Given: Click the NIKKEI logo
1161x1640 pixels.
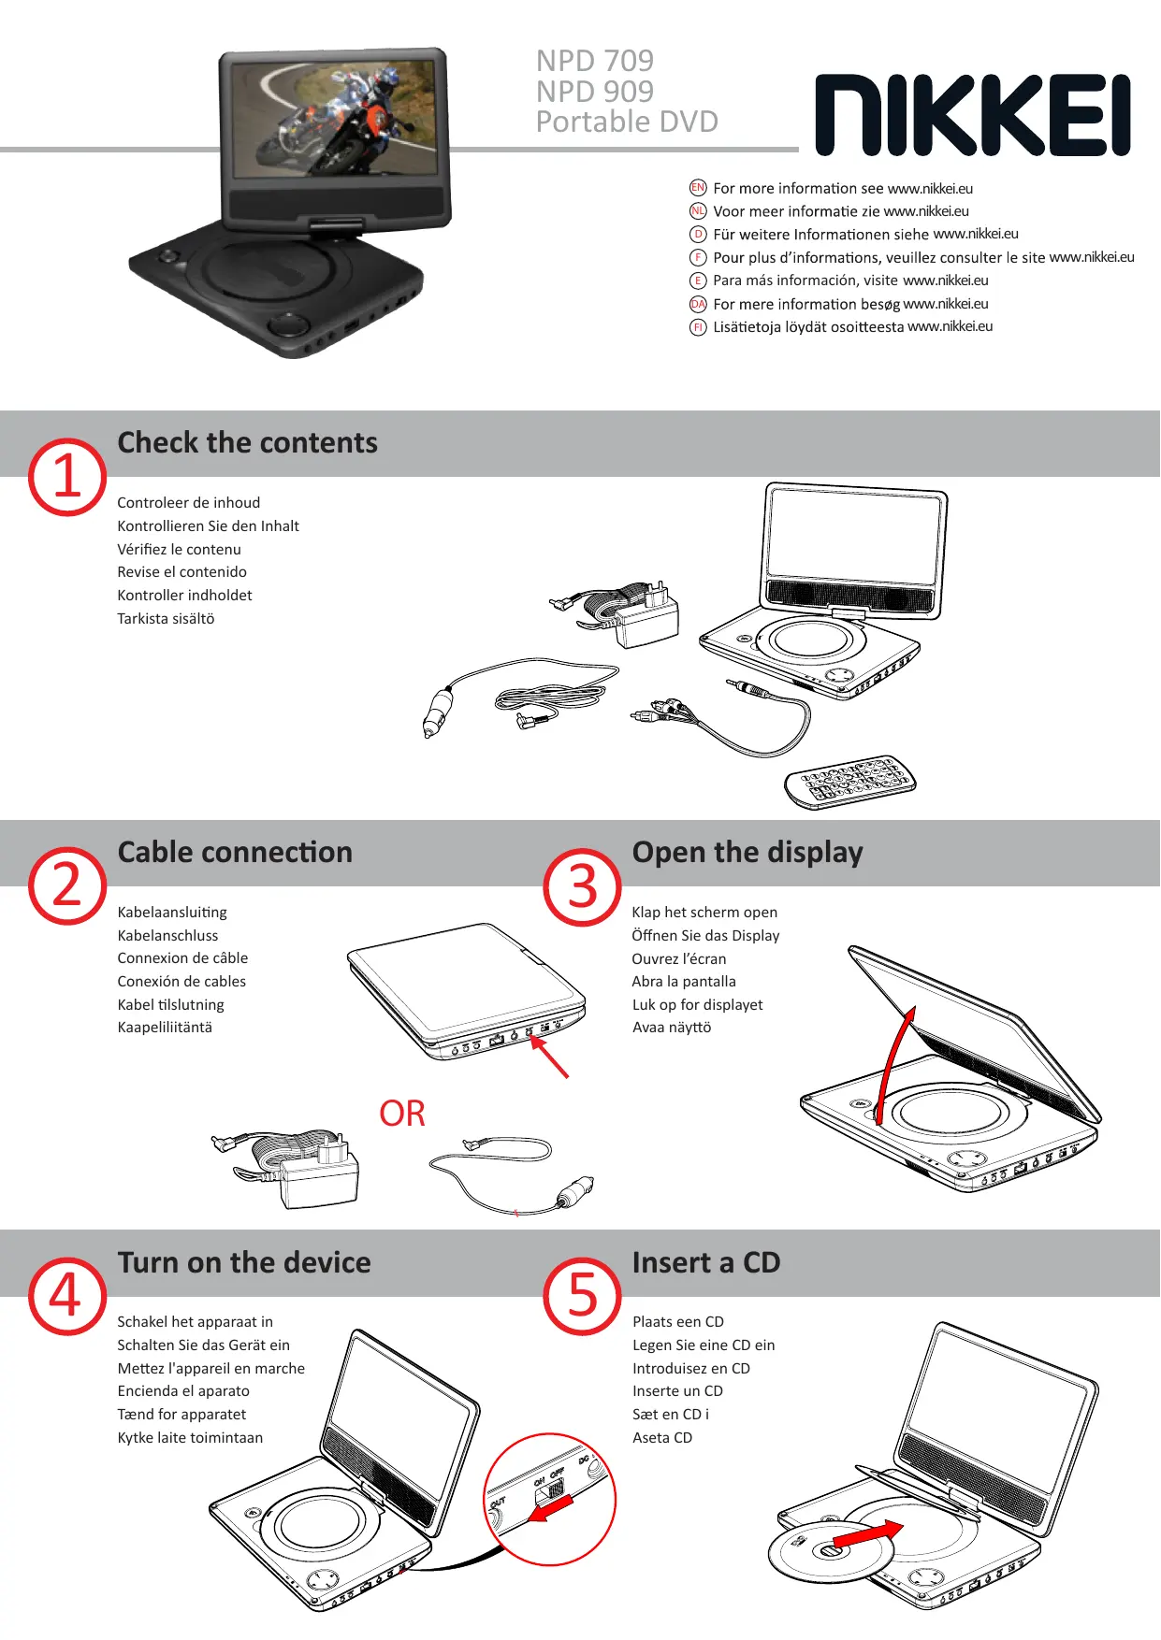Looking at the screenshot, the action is pos(972,115).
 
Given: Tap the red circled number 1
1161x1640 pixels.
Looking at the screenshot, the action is pos(66,476).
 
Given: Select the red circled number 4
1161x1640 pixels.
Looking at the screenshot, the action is pos(66,1296).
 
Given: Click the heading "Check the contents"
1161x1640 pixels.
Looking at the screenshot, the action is pos(247,442).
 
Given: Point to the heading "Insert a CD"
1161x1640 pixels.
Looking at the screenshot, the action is pos(706,1262).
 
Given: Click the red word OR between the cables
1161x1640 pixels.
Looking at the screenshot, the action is pos(402,1114).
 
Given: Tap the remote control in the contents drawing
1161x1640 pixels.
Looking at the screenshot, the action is pos(849,782).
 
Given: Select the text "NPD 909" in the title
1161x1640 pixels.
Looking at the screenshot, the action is pos(595,92).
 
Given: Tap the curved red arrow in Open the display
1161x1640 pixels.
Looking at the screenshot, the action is pos(895,1066).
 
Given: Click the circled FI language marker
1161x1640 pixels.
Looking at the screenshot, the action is pos(698,327).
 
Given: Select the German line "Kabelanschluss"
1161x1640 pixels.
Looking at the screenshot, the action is pos(167,935).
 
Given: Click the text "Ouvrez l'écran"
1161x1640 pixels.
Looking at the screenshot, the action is pos(679,958).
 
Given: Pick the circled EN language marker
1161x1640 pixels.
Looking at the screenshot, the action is pos(698,188).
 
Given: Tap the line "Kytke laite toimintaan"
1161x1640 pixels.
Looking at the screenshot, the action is pos(190,1438).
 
